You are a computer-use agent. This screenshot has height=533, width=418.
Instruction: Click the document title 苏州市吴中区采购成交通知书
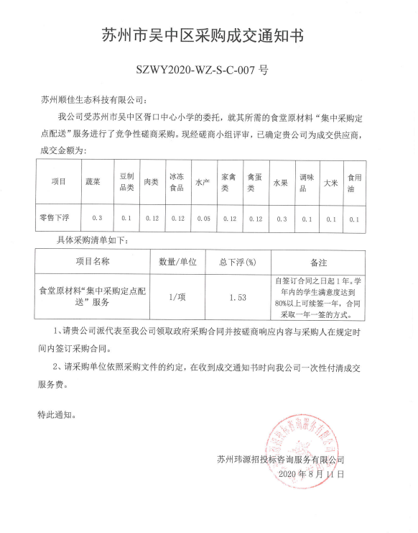208,36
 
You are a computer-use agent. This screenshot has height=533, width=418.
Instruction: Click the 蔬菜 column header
93,183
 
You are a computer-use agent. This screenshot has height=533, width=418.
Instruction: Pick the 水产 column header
202,183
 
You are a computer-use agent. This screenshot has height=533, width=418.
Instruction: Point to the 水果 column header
279,183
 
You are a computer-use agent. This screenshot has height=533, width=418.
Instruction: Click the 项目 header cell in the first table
58,183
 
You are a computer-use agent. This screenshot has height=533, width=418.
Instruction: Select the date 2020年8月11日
310,474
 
